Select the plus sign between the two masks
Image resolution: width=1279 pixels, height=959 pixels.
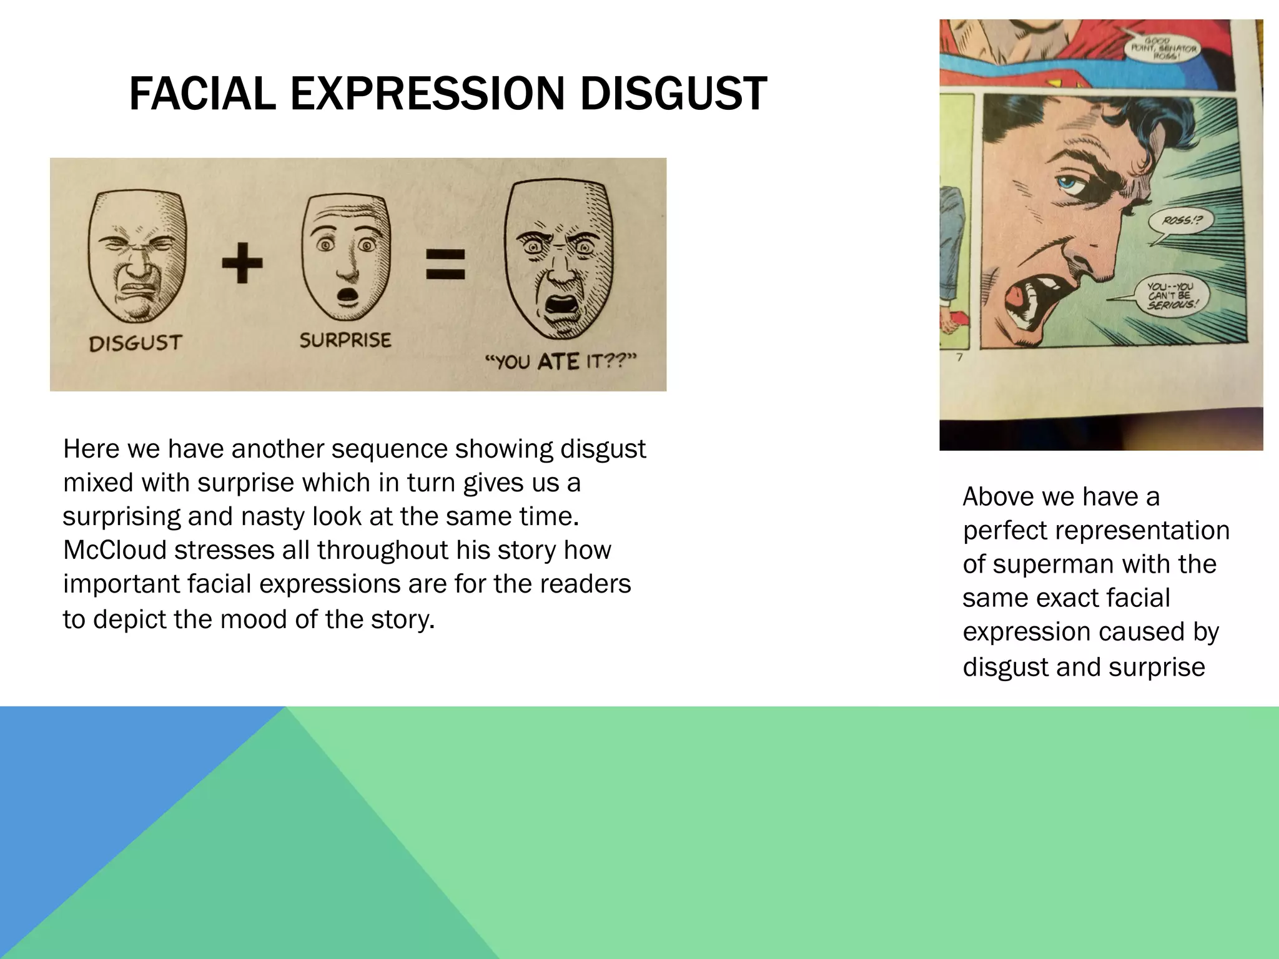click(x=242, y=262)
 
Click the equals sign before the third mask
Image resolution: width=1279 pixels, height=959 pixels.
click(x=445, y=264)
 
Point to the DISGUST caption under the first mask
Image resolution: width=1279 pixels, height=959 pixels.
click(x=135, y=343)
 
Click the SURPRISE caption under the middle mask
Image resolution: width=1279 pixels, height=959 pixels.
click(x=345, y=340)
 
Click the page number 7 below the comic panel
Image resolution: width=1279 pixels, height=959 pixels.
click(x=960, y=358)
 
